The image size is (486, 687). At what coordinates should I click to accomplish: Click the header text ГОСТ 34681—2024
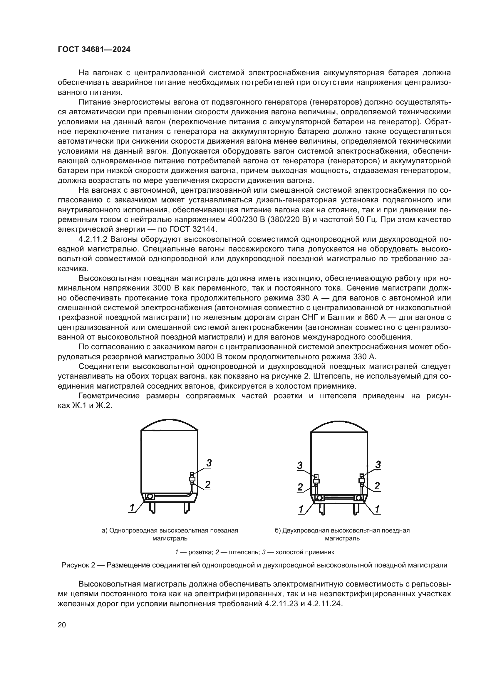[x=94, y=50]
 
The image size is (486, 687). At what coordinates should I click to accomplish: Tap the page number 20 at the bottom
[x=62, y=625]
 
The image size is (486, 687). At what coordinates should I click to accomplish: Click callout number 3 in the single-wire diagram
[x=209, y=463]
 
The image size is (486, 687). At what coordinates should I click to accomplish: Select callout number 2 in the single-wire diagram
[x=208, y=484]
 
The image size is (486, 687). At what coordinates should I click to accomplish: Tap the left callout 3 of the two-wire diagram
[x=300, y=465]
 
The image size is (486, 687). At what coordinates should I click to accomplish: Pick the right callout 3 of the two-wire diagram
[x=378, y=464]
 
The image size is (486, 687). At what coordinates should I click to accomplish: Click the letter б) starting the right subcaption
[x=278, y=530]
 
